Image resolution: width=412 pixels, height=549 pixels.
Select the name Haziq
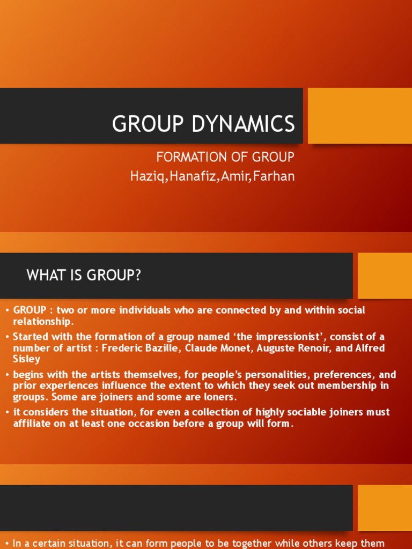coord(148,176)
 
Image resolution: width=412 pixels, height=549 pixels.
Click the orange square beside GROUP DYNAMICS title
coord(360,115)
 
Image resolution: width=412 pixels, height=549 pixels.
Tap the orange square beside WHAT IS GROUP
coord(385,276)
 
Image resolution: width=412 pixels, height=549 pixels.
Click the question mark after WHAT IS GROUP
coord(138,276)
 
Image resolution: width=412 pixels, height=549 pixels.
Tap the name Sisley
coord(27,359)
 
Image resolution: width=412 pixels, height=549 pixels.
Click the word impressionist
coord(289,337)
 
